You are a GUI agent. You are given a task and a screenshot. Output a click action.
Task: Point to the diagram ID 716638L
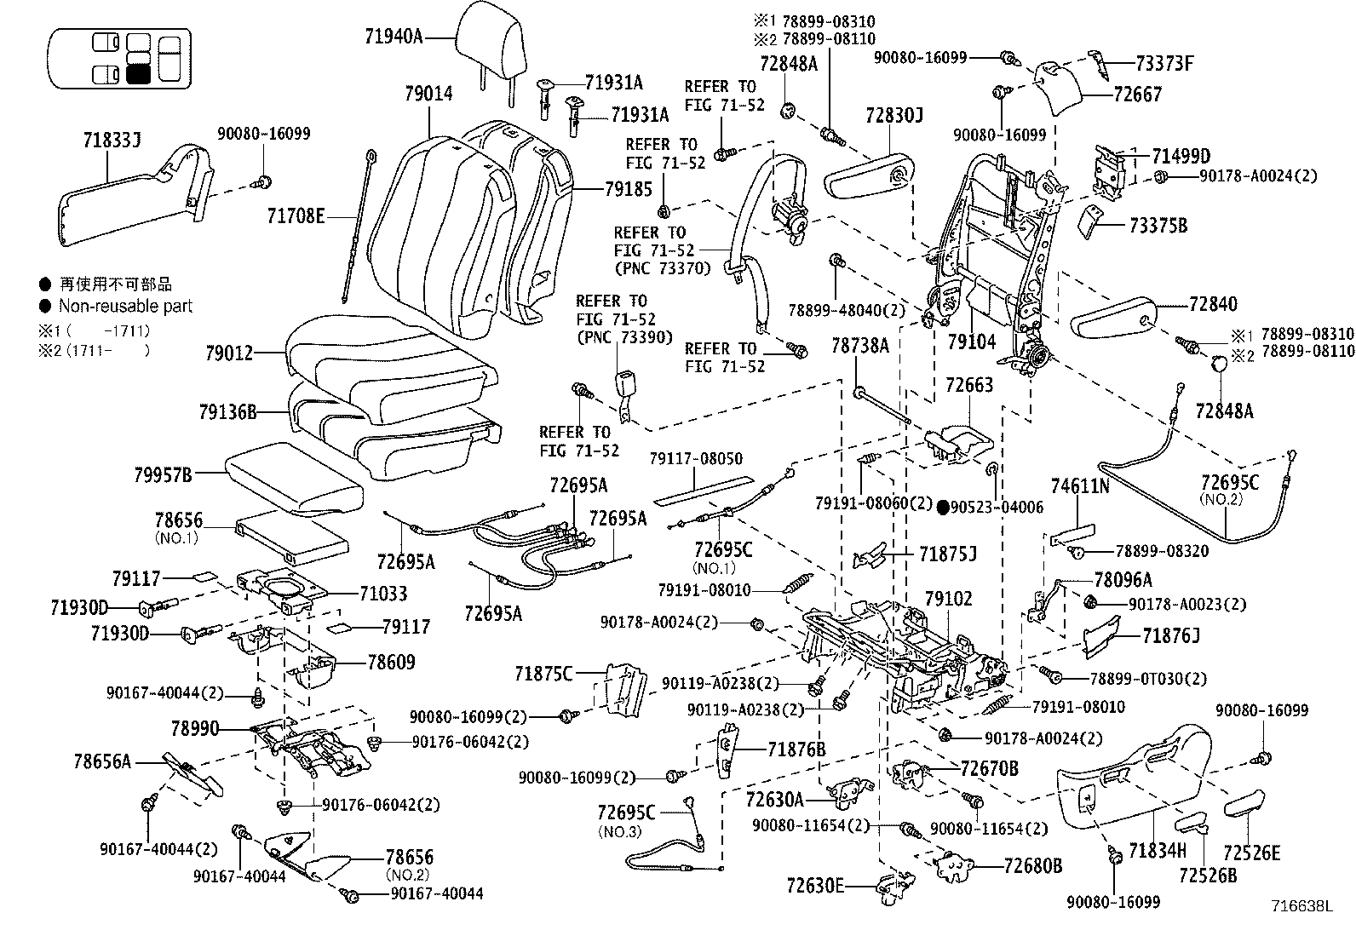(x=1301, y=907)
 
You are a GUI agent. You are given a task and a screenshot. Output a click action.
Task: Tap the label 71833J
(x=112, y=139)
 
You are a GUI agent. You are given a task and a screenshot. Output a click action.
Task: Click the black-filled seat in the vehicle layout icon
(x=137, y=73)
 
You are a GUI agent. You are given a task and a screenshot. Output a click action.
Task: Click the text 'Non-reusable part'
(x=125, y=306)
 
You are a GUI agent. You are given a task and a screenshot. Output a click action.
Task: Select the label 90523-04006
(x=998, y=508)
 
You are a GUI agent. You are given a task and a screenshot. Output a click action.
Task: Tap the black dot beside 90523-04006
(x=943, y=508)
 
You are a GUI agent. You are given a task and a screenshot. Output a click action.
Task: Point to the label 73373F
(x=1164, y=63)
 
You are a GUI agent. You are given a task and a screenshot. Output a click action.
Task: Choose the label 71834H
(x=1157, y=850)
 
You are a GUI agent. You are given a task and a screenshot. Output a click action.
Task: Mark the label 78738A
(x=859, y=345)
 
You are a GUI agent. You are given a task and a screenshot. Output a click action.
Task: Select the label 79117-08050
(x=695, y=459)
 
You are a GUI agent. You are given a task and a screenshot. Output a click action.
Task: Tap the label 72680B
(x=1033, y=866)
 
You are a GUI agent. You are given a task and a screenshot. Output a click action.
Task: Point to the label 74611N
(x=1080, y=486)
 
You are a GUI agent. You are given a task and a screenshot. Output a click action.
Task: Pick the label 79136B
(x=227, y=412)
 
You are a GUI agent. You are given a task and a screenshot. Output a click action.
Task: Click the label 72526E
(x=1251, y=853)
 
